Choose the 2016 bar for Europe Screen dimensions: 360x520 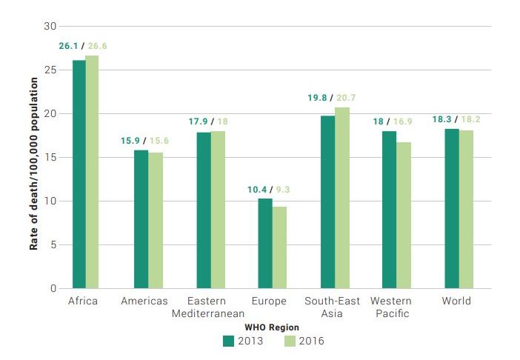[279, 247]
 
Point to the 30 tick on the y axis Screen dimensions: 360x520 [50, 27]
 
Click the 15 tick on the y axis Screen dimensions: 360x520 [50, 158]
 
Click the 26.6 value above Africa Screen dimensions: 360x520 [96, 46]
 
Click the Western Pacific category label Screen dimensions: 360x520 [390, 307]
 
